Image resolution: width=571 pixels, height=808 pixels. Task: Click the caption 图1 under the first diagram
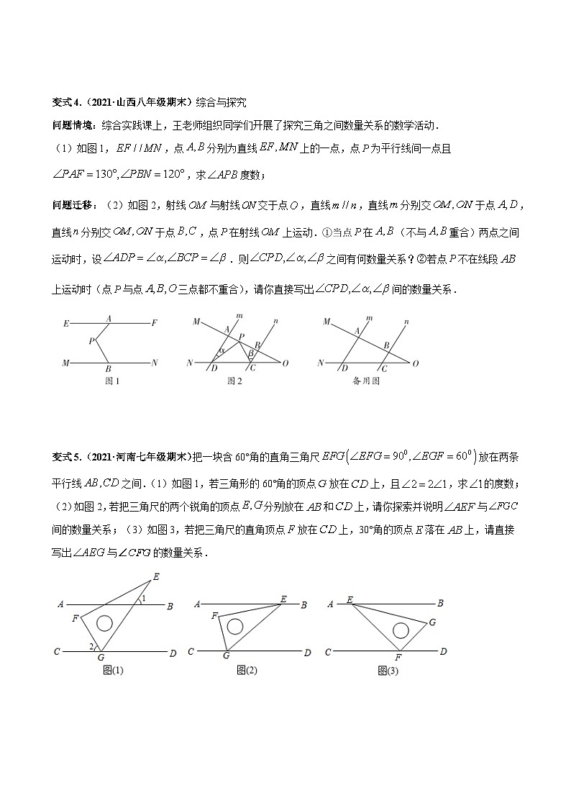pos(112,381)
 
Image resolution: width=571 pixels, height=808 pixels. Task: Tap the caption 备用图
pos(365,381)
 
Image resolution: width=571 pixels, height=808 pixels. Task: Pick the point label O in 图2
pos(285,364)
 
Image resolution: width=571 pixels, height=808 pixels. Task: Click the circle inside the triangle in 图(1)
pos(105,622)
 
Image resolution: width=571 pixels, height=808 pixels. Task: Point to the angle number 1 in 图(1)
pos(144,599)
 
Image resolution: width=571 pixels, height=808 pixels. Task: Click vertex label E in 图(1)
pos(156,576)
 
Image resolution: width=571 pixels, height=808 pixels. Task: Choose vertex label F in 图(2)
pos(214,616)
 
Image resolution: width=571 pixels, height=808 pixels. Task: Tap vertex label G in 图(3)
pos(431,622)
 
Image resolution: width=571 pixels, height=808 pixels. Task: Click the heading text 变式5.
pos(67,456)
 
